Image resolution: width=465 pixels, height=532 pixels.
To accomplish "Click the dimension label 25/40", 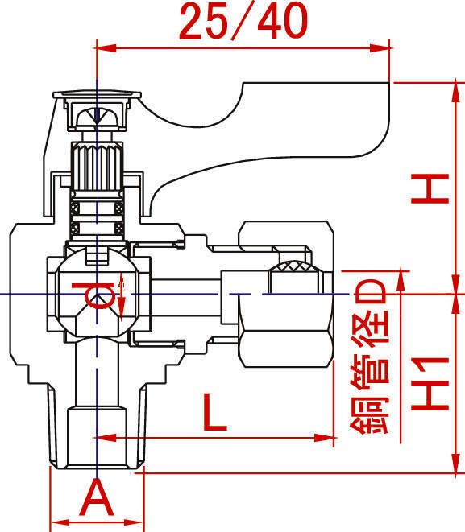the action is click(x=243, y=22).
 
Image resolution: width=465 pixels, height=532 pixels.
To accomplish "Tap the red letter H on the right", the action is click(x=430, y=189).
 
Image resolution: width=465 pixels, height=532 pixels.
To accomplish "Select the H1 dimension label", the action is click(x=430, y=384).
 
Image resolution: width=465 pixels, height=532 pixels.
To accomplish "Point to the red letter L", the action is click(x=214, y=412).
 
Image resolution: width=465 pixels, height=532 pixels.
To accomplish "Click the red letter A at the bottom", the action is click(x=97, y=497).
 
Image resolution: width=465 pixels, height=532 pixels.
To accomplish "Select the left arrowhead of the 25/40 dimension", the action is click(x=106, y=47).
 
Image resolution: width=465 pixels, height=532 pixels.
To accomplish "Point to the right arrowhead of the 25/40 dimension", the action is click(x=380, y=47).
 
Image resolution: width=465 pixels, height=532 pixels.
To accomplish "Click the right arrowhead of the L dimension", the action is click(x=325, y=438).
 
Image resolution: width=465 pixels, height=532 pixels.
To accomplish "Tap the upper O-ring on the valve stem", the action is click(x=97, y=208).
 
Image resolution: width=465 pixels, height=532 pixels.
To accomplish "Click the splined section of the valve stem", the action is click(x=97, y=167).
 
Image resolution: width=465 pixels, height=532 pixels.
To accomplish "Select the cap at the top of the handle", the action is click(x=97, y=94).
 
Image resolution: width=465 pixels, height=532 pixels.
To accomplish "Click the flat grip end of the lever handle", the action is click(x=316, y=119).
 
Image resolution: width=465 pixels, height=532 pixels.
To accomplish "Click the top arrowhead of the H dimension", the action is click(x=455, y=92).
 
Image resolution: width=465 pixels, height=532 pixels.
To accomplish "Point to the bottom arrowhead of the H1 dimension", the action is click(x=455, y=463).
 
